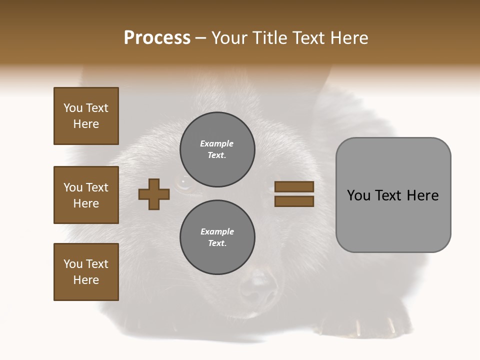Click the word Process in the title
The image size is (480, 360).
[157, 38]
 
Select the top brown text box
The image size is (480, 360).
[86, 116]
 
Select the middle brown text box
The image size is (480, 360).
[86, 195]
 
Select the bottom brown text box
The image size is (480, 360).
[86, 272]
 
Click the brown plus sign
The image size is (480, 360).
[154, 194]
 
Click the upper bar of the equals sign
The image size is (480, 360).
[294, 187]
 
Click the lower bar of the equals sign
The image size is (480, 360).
[294, 201]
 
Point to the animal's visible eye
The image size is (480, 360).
[183, 183]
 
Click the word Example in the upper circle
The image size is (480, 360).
[216, 143]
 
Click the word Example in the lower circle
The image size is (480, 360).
[217, 231]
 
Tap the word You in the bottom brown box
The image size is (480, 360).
[72, 264]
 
